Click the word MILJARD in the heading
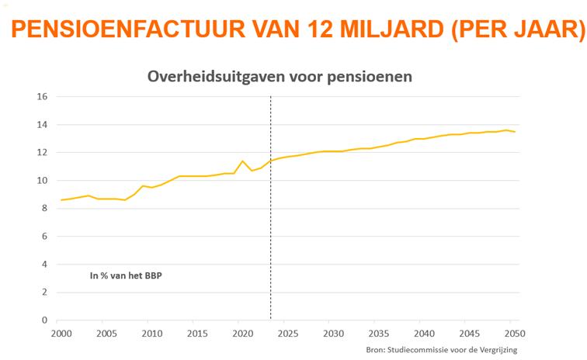386,30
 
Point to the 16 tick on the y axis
42,97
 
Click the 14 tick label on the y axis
42,125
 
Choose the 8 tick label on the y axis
45,209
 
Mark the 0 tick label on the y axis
45,320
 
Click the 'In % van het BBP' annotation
126,275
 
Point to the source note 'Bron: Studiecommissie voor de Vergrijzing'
441,351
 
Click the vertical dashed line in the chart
270,233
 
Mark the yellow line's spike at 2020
243,161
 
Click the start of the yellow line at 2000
61,200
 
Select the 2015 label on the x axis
197,334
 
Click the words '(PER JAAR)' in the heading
516,30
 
